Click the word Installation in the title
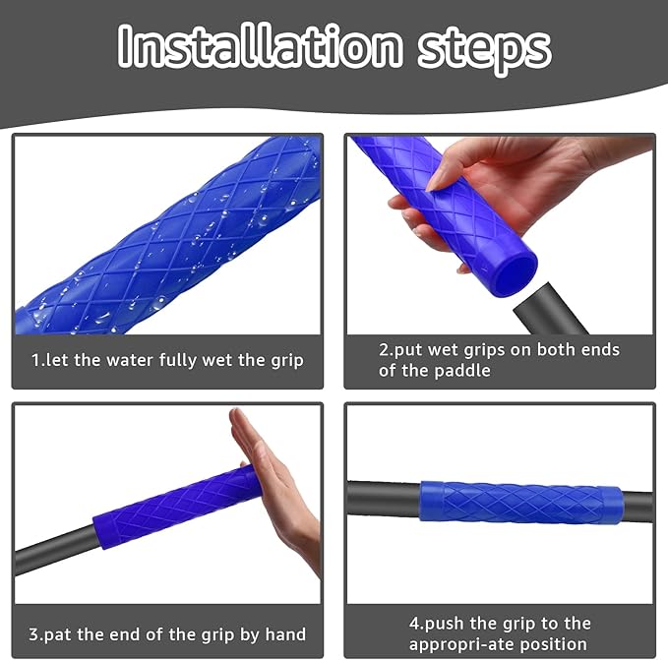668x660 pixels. [x=260, y=46]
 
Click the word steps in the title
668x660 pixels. [x=484, y=51]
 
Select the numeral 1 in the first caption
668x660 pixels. [x=35, y=360]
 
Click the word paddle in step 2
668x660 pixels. [x=462, y=371]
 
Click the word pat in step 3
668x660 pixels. [x=58, y=634]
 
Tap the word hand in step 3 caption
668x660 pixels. [x=285, y=634]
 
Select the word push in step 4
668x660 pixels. [x=444, y=624]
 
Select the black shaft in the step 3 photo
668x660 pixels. [x=54, y=550]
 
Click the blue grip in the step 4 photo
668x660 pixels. [x=520, y=503]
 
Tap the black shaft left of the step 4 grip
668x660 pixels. [x=384, y=498]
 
